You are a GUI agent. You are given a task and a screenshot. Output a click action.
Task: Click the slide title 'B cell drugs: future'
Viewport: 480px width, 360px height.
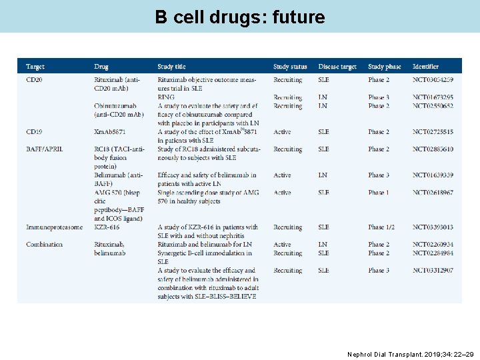(x=240, y=17)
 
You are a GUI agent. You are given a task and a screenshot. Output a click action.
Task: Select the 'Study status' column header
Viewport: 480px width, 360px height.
(x=290, y=67)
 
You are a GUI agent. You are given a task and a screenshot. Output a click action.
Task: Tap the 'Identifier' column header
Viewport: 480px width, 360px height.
(x=426, y=67)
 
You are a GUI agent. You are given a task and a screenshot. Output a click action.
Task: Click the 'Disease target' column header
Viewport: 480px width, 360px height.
(x=337, y=67)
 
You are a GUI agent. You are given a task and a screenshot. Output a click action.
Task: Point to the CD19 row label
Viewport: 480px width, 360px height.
(x=35, y=132)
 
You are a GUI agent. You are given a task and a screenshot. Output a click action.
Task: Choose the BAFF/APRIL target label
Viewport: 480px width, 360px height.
(x=45, y=149)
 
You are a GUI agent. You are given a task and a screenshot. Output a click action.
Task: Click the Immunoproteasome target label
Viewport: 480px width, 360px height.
(x=55, y=227)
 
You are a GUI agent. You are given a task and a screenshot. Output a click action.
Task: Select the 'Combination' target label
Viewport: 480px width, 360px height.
(x=44, y=245)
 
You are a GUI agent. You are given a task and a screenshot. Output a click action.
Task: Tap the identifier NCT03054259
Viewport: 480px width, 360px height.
(x=433, y=80)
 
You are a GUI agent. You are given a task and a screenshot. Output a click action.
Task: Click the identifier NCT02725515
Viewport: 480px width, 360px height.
(x=433, y=132)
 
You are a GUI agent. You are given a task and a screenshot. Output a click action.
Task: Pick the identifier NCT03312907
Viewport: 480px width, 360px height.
(x=433, y=271)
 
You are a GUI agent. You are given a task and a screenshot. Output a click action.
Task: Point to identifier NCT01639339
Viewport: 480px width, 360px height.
(x=433, y=175)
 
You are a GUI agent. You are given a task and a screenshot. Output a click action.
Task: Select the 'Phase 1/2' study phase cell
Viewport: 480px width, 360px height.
(x=381, y=227)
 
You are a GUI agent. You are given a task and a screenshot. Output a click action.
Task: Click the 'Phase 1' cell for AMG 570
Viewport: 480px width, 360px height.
(x=379, y=193)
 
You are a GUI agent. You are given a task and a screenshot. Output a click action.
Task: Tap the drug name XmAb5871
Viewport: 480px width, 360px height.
(x=111, y=132)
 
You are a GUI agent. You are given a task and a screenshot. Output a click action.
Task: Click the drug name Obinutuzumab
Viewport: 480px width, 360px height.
(x=115, y=106)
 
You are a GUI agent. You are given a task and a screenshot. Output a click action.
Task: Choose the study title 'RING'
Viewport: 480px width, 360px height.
(x=166, y=97)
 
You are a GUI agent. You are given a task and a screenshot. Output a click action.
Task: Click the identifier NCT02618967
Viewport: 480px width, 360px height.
(x=433, y=193)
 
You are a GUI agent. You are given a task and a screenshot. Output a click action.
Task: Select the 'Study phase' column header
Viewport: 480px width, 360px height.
(x=385, y=67)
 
